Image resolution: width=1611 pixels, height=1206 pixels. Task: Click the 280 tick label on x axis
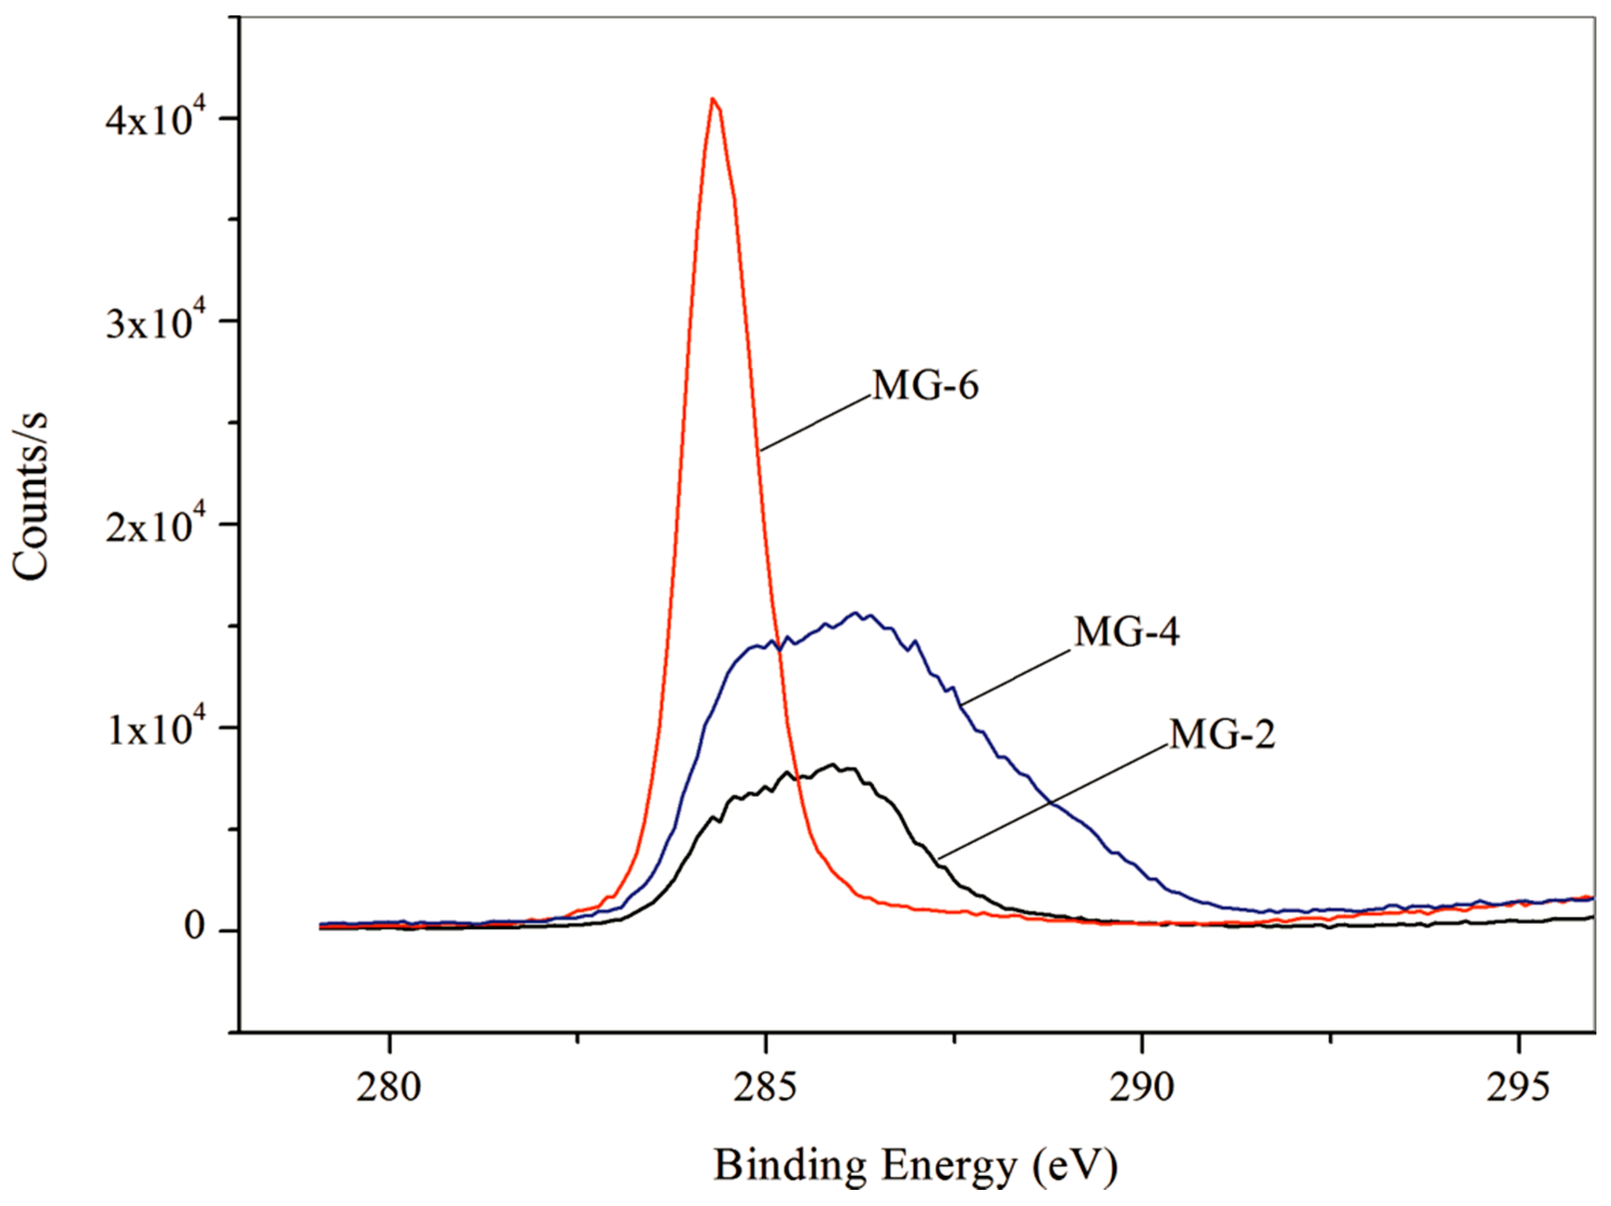point(389,1088)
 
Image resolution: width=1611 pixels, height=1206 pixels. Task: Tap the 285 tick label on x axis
point(766,1088)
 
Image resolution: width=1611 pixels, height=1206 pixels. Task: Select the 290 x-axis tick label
point(1141,1088)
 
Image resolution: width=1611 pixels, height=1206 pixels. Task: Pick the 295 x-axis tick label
point(1518,1088)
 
